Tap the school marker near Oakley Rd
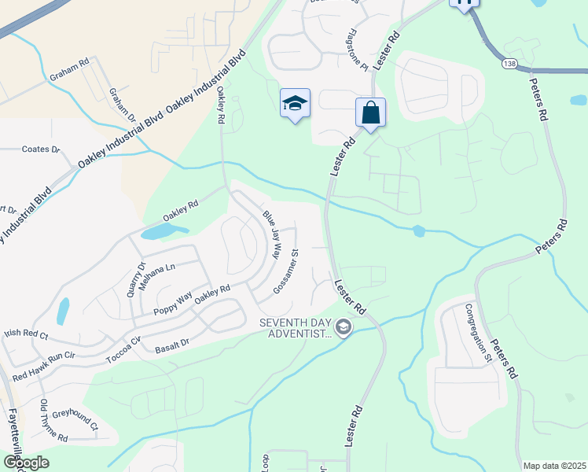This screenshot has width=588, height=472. coord(295,104)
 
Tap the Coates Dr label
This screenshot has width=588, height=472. coord(41,149)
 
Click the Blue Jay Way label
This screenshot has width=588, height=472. coord(272,234)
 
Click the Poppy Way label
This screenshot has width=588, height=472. coord(174,302)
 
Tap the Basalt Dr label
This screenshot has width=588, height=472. coord(172,344)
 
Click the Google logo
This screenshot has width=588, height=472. coord(25,463)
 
